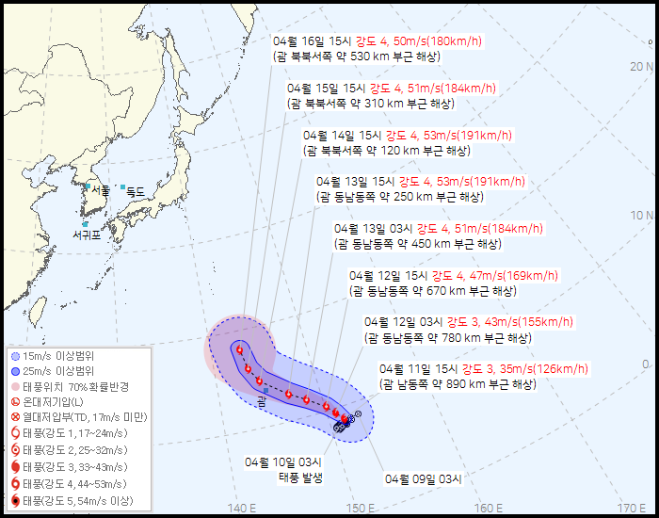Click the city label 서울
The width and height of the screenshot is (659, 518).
100,190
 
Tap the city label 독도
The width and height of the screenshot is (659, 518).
136,191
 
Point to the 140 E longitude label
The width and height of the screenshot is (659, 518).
242,509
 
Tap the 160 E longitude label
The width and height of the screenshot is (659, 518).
487,509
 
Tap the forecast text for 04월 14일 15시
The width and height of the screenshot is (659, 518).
407,142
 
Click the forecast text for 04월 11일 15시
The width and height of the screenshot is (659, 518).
458,376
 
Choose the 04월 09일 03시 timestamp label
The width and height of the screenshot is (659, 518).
424,478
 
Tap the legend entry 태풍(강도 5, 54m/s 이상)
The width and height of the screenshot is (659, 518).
75,499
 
